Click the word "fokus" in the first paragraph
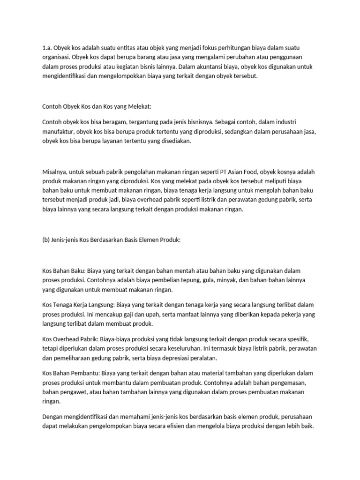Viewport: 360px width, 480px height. (x=203, y=48)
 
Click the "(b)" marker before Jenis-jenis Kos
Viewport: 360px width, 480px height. (x=46, y=240)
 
